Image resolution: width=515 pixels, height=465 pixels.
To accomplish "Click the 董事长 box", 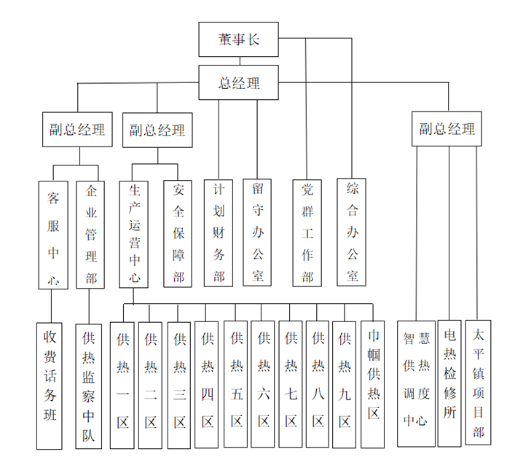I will click(239, 39).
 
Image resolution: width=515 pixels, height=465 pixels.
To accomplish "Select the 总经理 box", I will click(239, 82).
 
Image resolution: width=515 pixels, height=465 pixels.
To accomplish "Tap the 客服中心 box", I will click(53, 235).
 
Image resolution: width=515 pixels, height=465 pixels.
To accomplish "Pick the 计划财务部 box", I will click(219, 232).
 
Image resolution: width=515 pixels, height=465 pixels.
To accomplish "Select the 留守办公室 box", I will click(257, 232).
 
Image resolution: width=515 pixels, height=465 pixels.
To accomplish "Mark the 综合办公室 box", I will click(352, 232).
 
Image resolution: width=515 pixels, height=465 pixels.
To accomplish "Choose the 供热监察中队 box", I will click(89, 386).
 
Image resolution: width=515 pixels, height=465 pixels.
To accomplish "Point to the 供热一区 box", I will click(122, 385).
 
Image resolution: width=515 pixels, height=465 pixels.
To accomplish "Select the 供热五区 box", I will click(236, 385).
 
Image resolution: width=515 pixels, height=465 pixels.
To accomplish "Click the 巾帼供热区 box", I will click(373, 383).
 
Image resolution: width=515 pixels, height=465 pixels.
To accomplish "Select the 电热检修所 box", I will click(449, 383).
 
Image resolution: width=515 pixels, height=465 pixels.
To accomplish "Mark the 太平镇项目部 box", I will click(478, 383).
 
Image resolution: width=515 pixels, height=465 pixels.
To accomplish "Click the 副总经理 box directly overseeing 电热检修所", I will click(447, 130).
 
